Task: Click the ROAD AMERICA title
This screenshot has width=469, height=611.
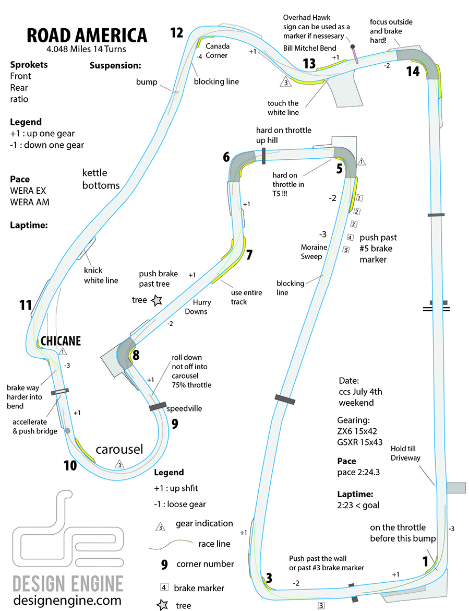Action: coord(87,35)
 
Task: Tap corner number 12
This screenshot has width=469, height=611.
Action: coord(177,33)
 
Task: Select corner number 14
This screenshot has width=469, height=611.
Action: coord(413,72)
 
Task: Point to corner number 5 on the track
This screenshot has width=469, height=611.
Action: coord(339,169)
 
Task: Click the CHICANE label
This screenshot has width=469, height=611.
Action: coord(61,340)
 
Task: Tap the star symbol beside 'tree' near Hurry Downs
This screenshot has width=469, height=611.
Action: coord(156,300)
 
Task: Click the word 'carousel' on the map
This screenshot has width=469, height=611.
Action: coord(119,450)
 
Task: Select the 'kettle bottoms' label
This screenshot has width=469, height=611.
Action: coord(101,179)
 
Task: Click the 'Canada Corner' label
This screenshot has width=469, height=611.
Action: coord(218,50)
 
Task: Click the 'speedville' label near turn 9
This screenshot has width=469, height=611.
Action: coord(184,409)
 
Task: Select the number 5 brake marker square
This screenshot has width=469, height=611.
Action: coord(345,250)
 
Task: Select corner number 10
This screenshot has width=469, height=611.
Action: coord(70,464)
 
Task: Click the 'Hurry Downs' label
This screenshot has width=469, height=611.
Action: coord(196,308)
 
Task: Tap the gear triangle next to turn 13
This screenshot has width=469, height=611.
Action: coord(285,82)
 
